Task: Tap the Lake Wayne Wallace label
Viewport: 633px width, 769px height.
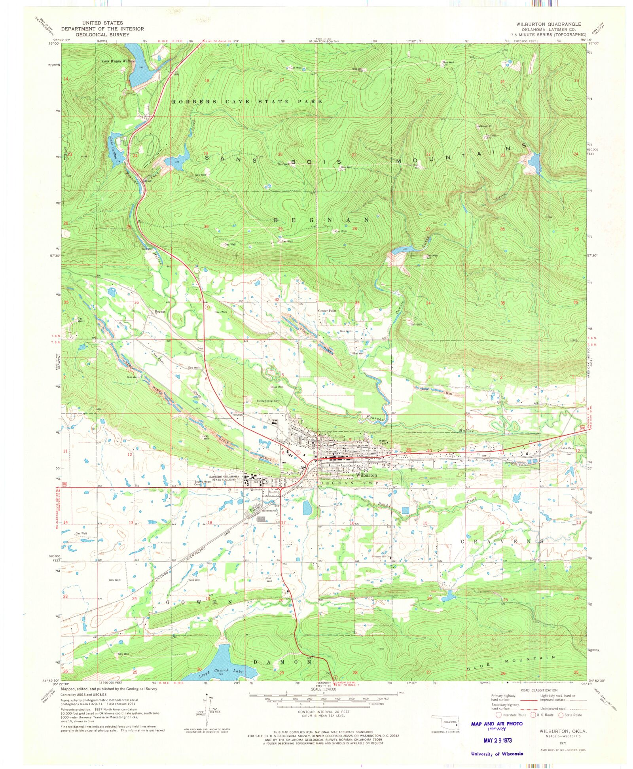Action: coord(118,61)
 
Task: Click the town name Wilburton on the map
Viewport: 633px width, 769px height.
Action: coord(366,475)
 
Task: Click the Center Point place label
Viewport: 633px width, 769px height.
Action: coord(327,311)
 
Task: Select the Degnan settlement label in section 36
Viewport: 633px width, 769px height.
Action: coord(160,311)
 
